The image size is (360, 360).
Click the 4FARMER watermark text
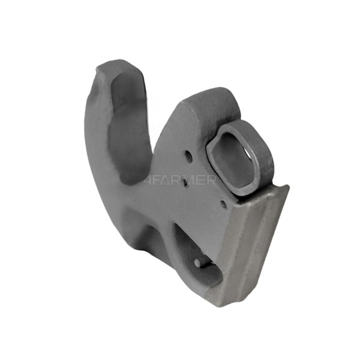coord(179,180)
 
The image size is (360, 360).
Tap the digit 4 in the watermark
coord(148,180)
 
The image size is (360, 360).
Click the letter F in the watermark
coord(157,180)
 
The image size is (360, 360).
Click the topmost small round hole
coord(189,156)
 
